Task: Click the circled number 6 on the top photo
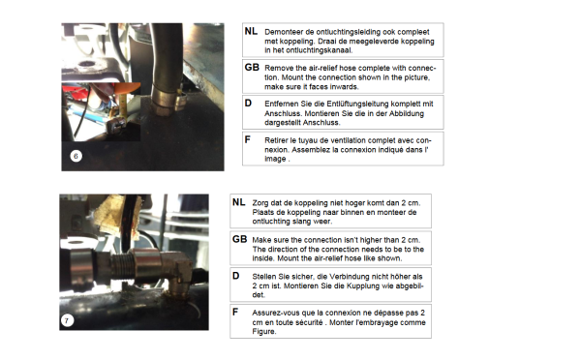pyautogui.click(x=76, y=156)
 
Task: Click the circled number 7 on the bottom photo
pyautogui.click(x=67, y=320)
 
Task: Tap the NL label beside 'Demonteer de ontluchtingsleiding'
pyautogui.click(x=251, y=32)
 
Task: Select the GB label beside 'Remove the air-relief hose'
pyautogui.click(x=252, y=68)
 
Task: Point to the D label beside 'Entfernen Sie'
pyautogui.click(x=248, y=104)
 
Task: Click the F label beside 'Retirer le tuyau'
pyautogui.click(x=248, y=139)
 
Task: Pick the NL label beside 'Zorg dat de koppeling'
pyautogui.click(x=238, y=202)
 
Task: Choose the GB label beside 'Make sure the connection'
pyautogui.click(x=239, y=239)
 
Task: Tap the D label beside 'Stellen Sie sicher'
pyautogui.click(x=235, y=276)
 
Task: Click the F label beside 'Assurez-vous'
pyautogui.click(x=235, y=313)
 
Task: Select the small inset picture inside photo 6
pyautogui.click(x=101, y=112)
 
